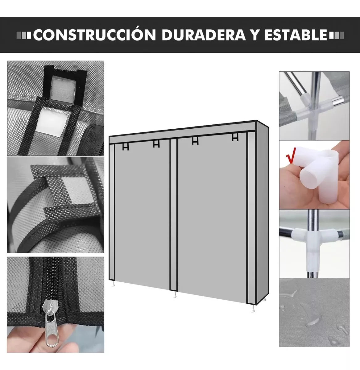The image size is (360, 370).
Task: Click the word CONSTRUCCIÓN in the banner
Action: pos(94,35)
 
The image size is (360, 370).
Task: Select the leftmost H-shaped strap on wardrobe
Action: pos(125,147)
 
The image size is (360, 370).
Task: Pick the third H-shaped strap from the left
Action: pos(195,141)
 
